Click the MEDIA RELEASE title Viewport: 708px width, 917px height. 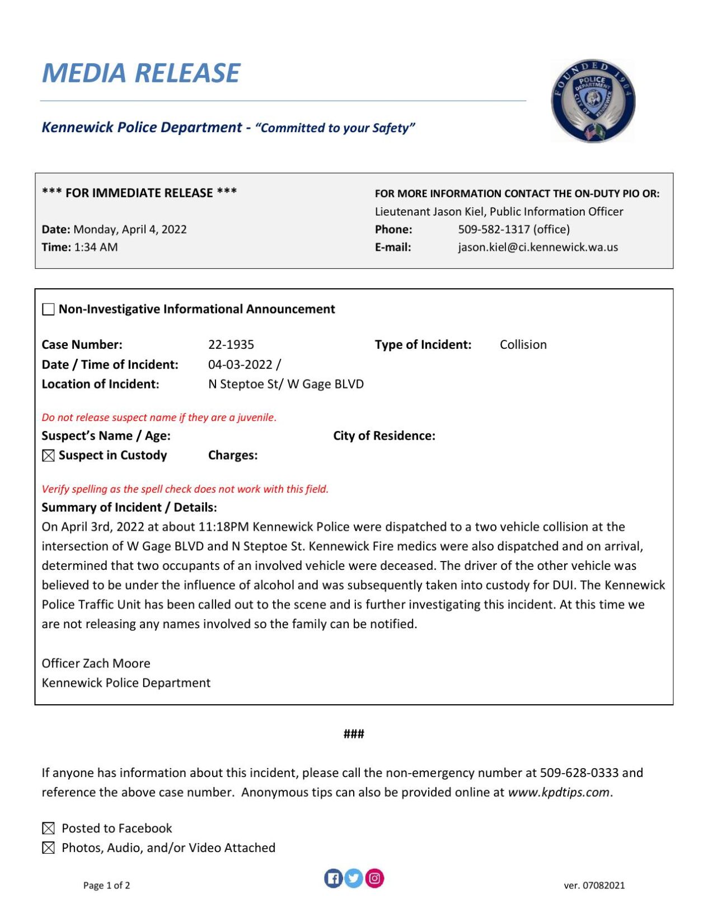point(141,73)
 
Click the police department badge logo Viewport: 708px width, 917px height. point(593,101)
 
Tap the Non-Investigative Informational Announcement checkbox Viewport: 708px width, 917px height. point(49,310)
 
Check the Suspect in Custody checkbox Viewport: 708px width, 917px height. point(49,456)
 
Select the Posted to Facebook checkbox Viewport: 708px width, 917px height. point(49,829)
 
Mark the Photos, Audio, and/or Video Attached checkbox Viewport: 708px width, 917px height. point(49,848)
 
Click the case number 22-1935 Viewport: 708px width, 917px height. point(231,345)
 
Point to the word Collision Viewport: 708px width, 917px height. point(523,345)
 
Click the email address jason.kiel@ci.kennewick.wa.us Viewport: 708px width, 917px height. point(537,247)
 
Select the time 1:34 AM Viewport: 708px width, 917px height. point(96,247)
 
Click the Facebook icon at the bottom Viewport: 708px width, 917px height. point(333,878)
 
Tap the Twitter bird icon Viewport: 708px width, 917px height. point(354,878)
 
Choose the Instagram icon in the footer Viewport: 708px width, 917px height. point(374,878)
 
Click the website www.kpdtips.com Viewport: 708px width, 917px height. point(558,793)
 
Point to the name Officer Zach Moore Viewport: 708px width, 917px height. point(96,663)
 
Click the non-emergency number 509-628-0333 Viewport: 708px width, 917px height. point(579,773)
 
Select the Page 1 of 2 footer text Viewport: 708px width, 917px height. point(106,886)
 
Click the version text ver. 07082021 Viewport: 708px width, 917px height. point(594,886)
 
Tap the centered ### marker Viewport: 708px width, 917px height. point(354,734)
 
